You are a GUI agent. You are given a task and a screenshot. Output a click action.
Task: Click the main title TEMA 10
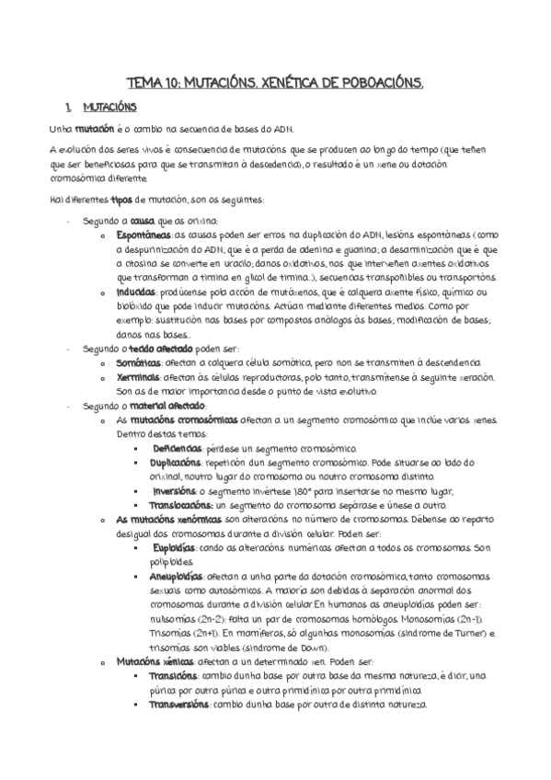coord(275,84)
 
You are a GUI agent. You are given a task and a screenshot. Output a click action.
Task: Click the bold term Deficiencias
coord(177,448)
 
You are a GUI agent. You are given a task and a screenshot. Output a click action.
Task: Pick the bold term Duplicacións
coord(181,462)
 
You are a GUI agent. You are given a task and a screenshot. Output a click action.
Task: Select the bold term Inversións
coord(178,490)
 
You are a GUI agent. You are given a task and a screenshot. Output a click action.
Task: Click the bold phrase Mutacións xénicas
coord(158,660)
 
